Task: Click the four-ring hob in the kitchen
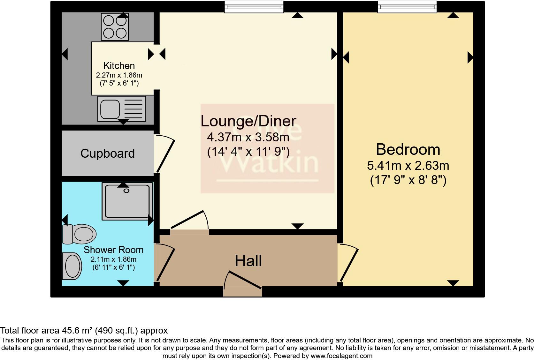115,27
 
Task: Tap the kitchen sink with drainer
121,109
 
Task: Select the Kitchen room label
119,66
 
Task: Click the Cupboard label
108,154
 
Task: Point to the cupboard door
165,155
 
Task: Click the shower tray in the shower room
127,201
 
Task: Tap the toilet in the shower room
80,234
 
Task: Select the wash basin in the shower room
72,266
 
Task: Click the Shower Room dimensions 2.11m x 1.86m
113,259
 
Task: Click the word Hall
248,261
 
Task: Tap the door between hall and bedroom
349,263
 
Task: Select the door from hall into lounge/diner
188,220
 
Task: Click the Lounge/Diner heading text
248,121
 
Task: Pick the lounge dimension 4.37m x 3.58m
248,138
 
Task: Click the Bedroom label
408,149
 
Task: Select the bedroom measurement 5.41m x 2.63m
408,166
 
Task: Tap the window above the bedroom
407,7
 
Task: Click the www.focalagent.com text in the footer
341,356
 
